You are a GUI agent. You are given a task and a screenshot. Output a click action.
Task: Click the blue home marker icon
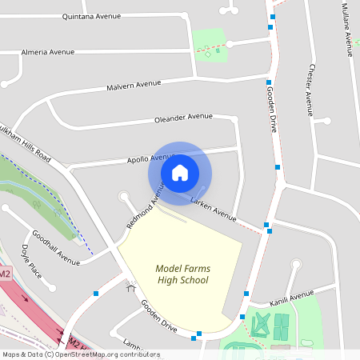[180, 172]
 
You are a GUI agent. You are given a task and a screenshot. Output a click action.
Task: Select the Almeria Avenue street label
[49, 52]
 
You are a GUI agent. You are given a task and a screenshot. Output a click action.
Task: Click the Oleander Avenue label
[183, 118]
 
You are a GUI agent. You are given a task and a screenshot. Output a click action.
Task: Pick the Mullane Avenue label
[346, 29]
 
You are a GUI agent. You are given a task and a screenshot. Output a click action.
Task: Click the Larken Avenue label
[214, 210]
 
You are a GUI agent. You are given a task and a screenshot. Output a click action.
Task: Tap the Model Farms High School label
[182, 274]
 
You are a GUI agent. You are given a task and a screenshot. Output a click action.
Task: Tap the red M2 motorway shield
[5, 274]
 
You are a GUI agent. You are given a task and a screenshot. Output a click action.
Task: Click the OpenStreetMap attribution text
[80, 354]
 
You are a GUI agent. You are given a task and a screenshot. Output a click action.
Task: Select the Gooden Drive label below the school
[158, 316]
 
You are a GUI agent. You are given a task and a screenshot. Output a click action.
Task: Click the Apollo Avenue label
[147, 158]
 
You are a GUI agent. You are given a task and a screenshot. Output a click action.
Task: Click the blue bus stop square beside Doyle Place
[96, 294]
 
